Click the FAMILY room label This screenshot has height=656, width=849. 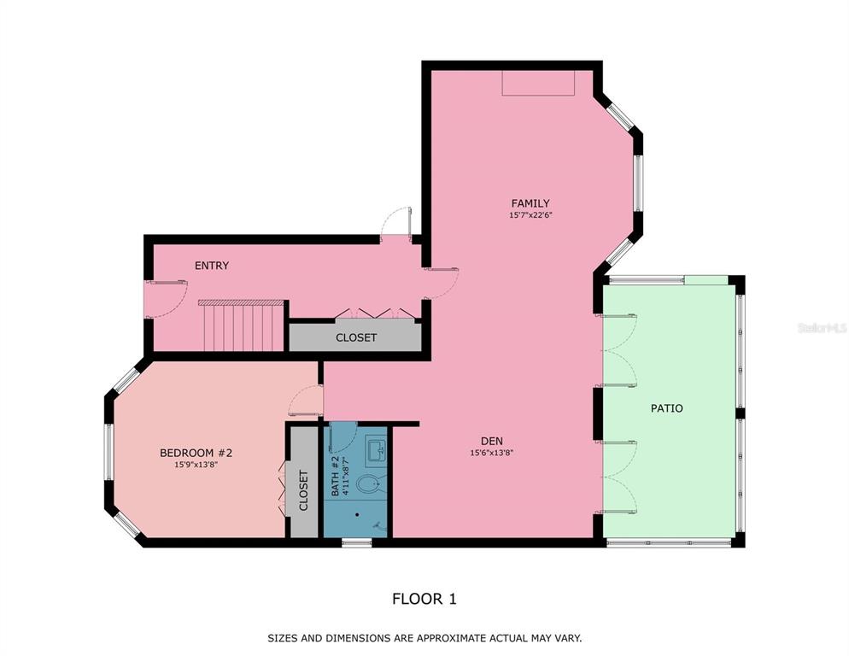[530, 203]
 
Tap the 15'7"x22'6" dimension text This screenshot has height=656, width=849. [530, 215]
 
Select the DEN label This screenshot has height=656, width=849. [492, 441]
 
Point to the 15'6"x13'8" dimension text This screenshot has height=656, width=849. [492, 453]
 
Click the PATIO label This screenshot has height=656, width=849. [666, 408]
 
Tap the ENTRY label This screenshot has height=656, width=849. [212, 266]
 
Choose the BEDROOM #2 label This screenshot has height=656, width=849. [196, 453]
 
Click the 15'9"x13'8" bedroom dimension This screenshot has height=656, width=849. [196, 465]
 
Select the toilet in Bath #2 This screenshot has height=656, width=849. [369, 483]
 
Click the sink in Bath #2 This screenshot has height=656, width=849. [377, 449]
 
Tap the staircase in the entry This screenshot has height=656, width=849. [242, 325]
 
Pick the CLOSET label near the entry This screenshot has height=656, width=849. [355, 337]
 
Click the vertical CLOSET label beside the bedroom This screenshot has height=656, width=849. [303, 490]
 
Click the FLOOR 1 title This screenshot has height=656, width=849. [424, 599]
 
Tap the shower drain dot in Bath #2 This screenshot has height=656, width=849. [357, 514]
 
